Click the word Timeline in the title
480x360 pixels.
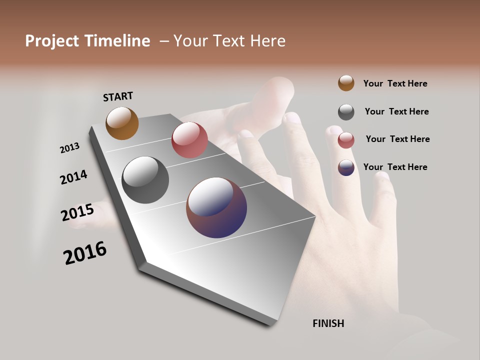click(x=117, y=41)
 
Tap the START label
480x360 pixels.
click(x=118, y=96)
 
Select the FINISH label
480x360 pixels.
click(x=328, y=323)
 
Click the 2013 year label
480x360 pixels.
click(x=69, y=148)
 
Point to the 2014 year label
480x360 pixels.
click(x=73, y=177)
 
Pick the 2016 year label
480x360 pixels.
click(x=85, y=253)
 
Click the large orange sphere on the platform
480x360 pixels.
click(x=122, y=123)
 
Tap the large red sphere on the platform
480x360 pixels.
click(x=189, y=139)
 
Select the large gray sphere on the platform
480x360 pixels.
click(x=145, y=180)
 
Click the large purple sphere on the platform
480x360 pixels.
click(x=216, y=207)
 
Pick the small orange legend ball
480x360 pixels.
click(x=346, y=83)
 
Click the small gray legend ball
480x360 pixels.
click(x=346, y=112)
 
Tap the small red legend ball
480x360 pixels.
click(x=346, y=140)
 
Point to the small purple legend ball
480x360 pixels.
click(x=346, y=167)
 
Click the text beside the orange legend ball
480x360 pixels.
click(x=395, y=83)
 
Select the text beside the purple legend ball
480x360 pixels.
click(x=395, y=167)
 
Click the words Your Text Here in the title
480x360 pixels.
click(x=229, y=41)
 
